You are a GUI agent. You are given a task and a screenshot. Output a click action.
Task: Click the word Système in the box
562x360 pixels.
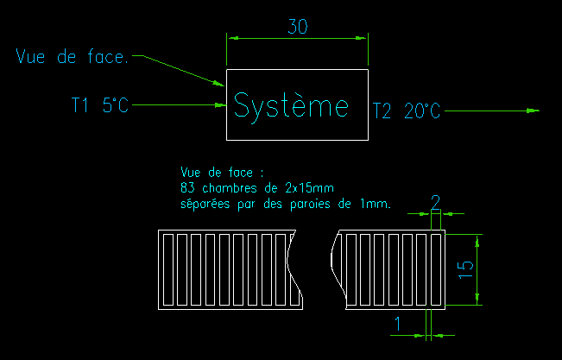[x=291, y=105]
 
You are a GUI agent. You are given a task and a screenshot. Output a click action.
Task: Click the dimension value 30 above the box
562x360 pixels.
[x=297, y=27]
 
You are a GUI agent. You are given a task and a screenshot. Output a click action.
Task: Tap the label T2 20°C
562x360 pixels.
[x=406, y=111]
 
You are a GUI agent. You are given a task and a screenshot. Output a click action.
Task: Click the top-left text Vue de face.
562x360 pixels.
[x=73, y=57]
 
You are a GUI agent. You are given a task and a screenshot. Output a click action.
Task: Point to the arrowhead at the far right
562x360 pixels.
[x=533, y=111]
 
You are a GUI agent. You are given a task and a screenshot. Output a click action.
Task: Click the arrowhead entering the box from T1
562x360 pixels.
[x=221, y=104]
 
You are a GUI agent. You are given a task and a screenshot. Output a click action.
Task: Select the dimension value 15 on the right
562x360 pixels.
[x=465, y=268]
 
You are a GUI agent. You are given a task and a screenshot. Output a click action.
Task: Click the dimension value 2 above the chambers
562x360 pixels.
[x=436, y=202]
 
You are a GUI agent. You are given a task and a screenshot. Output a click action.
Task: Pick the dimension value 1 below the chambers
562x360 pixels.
[x=397, y=323]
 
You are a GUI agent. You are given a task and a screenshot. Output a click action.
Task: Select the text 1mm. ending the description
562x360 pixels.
[x=376, y=204]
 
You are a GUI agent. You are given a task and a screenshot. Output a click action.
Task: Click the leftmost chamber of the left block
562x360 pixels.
[x=168, y=268]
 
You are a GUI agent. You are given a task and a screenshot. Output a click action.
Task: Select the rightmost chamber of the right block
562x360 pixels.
[x=435, y=268]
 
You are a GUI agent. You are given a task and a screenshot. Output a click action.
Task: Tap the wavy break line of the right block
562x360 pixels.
[x=334, y=268]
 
